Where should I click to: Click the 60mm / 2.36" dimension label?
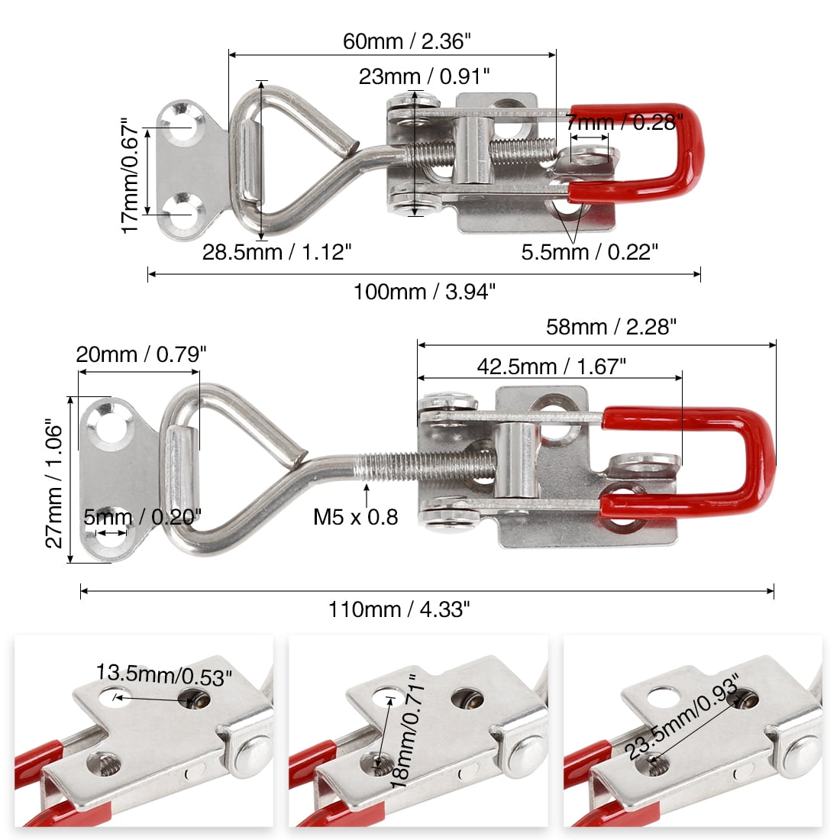(402, 41)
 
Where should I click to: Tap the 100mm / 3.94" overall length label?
(425, 291)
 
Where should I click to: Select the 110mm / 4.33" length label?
(399, 609)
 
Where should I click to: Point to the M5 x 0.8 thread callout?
(356, 517)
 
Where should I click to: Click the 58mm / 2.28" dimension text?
(612, 327)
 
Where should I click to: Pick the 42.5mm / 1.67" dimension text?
(551, 367)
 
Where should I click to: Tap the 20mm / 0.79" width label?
(141, 354)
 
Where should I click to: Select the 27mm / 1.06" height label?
(54, 483)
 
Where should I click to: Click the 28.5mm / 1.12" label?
(276, 252)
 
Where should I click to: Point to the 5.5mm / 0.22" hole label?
(589, 252)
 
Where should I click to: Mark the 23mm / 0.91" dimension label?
(425, 76)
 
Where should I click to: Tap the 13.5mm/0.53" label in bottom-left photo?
(163, 674)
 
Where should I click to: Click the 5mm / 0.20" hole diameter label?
(142, 518)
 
